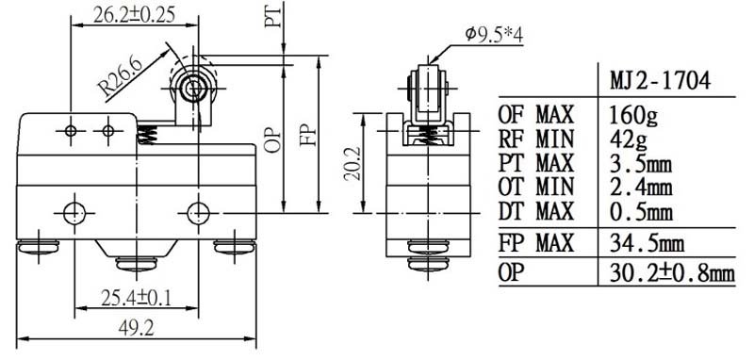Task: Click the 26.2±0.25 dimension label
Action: (134, 16)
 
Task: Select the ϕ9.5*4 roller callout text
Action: (494, 35)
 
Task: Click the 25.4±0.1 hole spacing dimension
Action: (136, 299)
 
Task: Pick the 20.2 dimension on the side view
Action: (352, 163)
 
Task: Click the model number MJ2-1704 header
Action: (661, 82)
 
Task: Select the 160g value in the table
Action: (633, 115)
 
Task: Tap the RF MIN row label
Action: (536, 139)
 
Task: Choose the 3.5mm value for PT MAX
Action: (640, 163)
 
